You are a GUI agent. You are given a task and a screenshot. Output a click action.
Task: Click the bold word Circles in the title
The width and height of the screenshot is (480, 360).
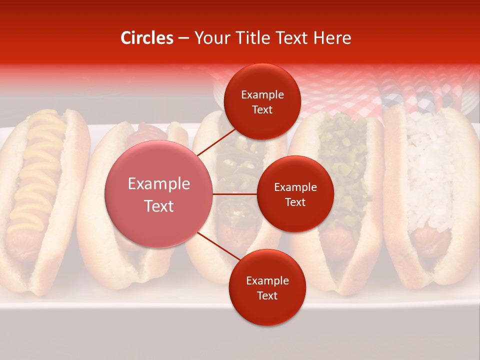pos(146,38)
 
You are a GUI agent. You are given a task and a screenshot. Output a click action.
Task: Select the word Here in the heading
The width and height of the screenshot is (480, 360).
pos(332,38)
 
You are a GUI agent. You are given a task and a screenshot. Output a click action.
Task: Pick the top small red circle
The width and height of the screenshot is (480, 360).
pos(262,101)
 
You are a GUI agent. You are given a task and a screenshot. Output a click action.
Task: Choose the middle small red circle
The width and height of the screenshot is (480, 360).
pos(295,194)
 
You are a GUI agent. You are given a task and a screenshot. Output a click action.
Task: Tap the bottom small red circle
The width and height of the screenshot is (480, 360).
pos(267,287)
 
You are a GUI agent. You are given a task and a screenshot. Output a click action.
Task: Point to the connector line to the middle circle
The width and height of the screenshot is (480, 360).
pos(235,194)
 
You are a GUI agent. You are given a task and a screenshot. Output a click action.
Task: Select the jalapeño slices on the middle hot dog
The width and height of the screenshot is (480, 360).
pos(235,165)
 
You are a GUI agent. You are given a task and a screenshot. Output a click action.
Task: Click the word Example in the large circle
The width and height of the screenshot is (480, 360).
pos(158,184)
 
